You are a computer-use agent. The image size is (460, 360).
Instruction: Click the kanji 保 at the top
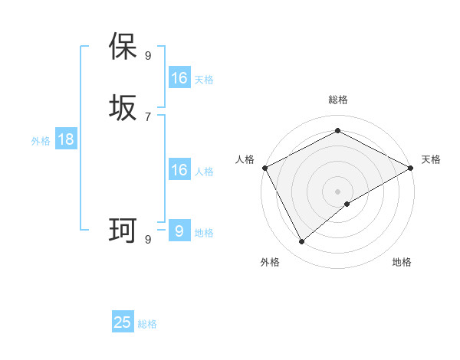(x=123, y=47)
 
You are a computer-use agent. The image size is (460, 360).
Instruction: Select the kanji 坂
(x=123, y=107)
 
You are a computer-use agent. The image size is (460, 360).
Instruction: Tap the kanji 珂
(x=123, y=229)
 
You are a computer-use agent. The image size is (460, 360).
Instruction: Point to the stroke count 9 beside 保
(x=148, y=55)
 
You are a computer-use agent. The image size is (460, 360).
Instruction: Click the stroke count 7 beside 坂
(x=148, y=116)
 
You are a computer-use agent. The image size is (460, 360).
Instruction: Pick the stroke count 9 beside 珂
(x=148, y=239)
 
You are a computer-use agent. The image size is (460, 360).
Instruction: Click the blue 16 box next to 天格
(x=179, y=78)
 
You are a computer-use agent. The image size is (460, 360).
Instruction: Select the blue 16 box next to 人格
(x=179, y=170)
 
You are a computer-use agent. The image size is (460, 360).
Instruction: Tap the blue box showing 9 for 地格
(x=179, y=231)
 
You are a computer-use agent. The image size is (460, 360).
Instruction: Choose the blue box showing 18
(x=65, y=139)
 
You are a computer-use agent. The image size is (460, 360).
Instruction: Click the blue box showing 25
(x=123, y=322)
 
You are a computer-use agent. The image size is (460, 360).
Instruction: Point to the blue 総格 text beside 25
(x=147, y=324)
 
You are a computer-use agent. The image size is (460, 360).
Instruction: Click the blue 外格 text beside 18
(x=41, y=141)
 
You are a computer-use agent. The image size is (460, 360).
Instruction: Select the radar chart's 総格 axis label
(x=337, y=100)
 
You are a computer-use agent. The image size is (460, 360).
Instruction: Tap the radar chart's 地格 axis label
(x=402, y=262)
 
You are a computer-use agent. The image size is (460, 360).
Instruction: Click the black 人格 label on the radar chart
(x=245, y=159)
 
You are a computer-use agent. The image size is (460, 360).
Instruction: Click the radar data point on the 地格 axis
(x=347, y=204)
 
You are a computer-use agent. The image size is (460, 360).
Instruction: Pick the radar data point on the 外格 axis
(x=301, y=242)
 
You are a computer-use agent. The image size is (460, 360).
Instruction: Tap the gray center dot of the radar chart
(x=337, y=191)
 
